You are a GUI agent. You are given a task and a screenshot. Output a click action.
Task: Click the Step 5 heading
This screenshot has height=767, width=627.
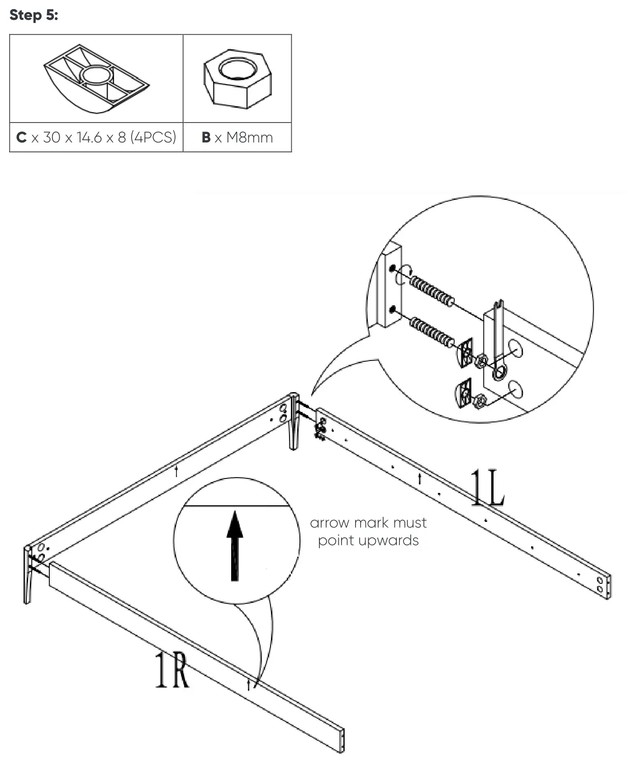[33, 15]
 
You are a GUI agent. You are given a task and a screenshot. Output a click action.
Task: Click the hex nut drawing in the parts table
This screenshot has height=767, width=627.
[237, 78]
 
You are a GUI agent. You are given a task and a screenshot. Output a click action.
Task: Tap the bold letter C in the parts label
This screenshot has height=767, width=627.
[21, 137]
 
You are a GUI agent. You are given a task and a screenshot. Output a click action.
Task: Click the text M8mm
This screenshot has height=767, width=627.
[249, 137]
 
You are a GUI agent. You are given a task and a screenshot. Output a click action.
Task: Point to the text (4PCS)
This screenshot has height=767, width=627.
[153, 137]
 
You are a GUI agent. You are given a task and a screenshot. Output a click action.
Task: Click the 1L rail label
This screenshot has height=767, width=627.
[487, 488]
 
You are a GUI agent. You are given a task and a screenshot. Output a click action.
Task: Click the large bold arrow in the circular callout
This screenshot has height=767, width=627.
[234, 544]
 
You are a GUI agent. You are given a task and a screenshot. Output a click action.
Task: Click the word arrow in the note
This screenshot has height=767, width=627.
[330, 523]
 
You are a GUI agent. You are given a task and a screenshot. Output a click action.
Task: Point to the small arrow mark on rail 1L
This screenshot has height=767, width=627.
[420, 478]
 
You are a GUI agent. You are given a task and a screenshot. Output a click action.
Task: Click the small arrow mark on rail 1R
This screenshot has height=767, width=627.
[248, 685]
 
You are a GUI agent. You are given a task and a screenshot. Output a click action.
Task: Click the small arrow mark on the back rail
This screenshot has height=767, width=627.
[176, 471]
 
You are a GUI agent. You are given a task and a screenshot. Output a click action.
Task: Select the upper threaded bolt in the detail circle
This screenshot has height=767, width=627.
[432, 291]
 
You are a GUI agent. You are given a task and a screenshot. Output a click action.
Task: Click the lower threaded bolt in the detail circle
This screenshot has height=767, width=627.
[432, 332]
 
